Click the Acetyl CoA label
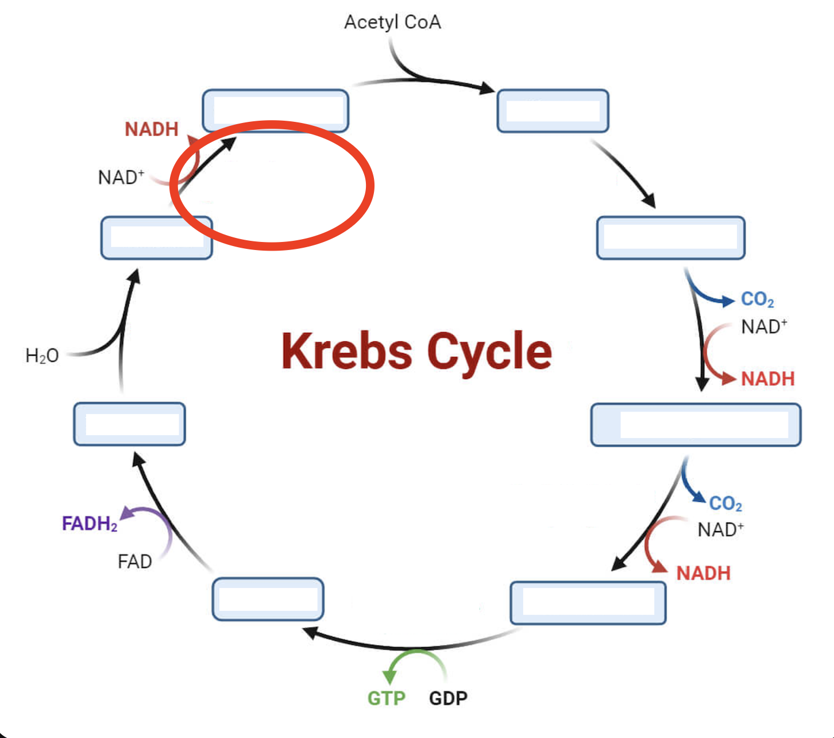392,22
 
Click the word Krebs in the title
346,351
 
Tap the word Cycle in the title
489,352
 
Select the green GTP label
386,698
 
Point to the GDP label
448,698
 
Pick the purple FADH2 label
90,524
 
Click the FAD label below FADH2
134,562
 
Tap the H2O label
42,356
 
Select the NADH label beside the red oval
152,129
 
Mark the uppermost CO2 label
757,299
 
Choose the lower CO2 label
725,504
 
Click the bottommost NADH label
703,573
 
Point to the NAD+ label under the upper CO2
764,327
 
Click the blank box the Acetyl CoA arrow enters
553,111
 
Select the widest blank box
696,425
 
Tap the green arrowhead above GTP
391,676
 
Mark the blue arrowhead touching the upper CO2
728,300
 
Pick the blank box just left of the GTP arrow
268,599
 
